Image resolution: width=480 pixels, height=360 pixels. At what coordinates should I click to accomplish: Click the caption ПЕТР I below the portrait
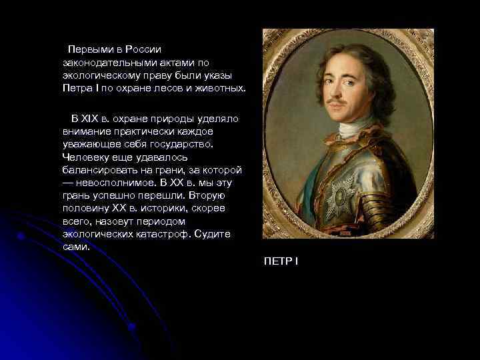281,260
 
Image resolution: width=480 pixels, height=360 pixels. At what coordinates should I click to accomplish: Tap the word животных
223,88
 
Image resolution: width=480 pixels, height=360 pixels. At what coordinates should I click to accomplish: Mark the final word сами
75,247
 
